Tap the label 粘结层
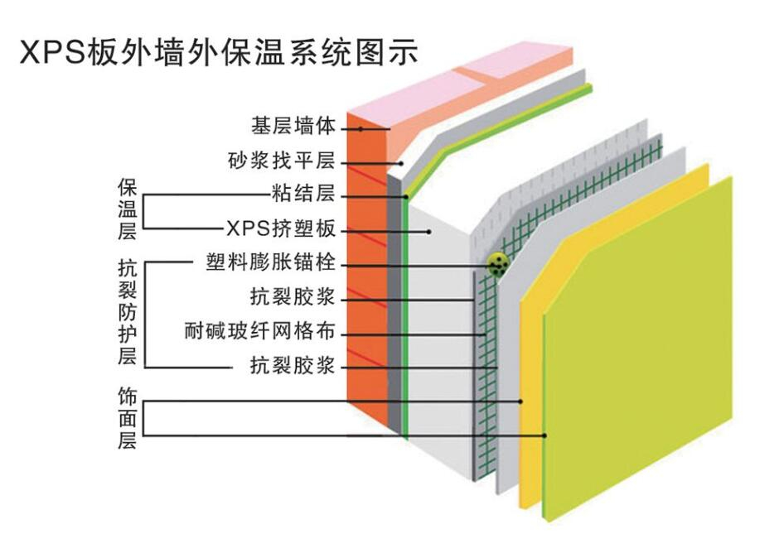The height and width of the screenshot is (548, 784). tap(303, 195)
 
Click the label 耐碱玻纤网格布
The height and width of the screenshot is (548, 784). tap(260, 332)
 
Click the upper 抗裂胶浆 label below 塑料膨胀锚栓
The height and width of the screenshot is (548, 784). tap(293, 296)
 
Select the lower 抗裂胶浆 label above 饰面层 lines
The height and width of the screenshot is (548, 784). tap(293, 365)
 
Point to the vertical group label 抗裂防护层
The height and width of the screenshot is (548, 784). tap(127, 312)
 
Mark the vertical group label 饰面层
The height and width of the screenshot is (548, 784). tap(127, 418)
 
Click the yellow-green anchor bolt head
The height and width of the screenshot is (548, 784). tap(497, 265)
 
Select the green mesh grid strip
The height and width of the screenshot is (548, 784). tap(485, 373)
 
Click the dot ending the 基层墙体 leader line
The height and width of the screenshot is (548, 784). tap(362, 128)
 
